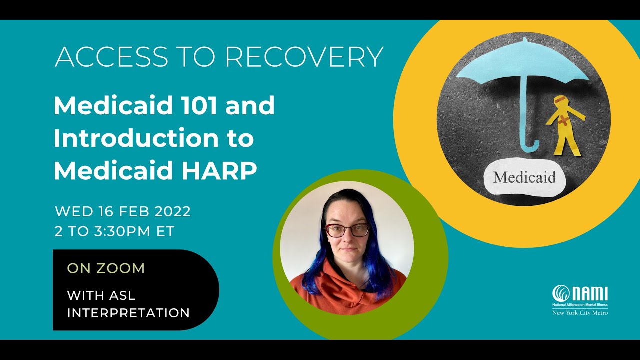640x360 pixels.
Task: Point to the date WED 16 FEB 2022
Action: (x=123, y=211)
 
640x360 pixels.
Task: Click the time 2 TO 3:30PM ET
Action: (x=115, y=231)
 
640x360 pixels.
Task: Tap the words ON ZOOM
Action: (x=106, y=268)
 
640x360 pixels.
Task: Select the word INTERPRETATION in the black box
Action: (x=128, y=313)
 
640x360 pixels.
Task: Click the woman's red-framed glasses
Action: (x=347, y=230)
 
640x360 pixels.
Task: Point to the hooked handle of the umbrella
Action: (x=530, y=145)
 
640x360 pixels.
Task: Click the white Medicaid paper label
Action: (x=524, y=177)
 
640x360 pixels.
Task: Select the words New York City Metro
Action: (x=580, y=313)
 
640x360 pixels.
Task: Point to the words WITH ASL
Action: (x=101, y=295)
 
